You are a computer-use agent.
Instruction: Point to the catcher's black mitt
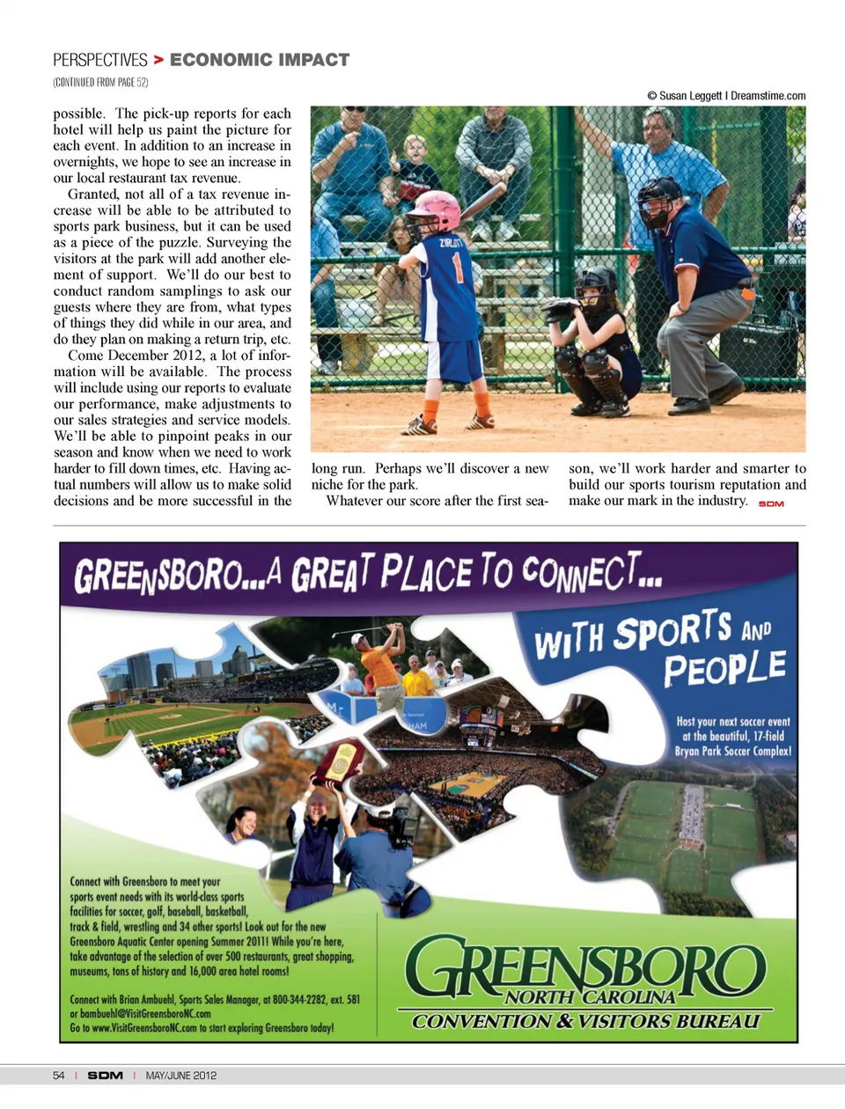tap(559, 310)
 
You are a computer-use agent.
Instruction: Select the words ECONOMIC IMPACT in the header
tap(260, 60)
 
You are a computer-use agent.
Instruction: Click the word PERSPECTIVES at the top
tap(100, 60)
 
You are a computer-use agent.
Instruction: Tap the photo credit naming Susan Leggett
tap(726, 96)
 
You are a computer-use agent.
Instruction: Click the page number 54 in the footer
tap(59, 1076)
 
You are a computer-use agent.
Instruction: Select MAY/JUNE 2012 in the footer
tap(181, 1076)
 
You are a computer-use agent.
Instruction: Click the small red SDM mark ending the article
tap(771, 503)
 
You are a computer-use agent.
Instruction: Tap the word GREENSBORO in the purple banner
tap(158, 576)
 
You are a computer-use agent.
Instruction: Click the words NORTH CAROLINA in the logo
tap(590, 997)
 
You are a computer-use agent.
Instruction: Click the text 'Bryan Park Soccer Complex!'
tap(732, 751)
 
